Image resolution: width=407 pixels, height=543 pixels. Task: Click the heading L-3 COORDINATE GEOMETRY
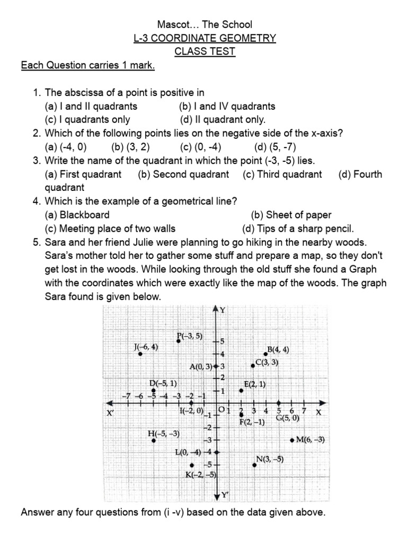(205, 38)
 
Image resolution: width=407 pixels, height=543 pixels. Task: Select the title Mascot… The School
(205, 24)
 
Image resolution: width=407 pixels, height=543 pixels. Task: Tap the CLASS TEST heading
(205, 52)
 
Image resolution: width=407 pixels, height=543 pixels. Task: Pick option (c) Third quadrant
(282, 174)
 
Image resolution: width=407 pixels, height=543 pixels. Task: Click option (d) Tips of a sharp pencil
(298, 229)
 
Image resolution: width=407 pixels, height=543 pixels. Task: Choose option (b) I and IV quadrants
(227, 106)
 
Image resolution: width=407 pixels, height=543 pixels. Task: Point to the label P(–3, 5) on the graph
(189, 336)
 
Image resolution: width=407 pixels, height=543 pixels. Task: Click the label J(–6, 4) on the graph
(146, 347)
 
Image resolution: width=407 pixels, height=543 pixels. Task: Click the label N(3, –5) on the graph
(270, 459)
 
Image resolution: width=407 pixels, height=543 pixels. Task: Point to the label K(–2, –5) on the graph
(200, 475)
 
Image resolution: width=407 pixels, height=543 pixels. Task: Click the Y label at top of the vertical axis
(223, 310)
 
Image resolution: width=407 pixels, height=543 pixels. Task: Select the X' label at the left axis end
(111, 413)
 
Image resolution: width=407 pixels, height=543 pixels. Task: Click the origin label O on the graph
(222, 410)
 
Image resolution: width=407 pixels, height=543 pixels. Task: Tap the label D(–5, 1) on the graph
(163, 383)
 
